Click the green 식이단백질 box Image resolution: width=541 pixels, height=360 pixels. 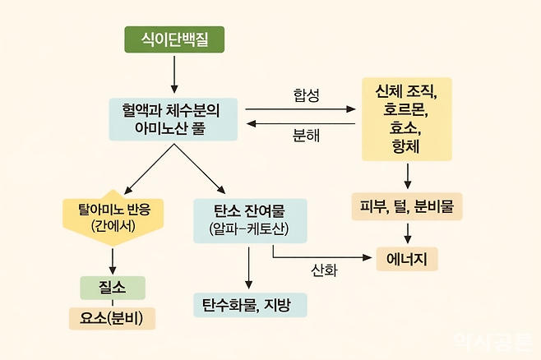tap(173, 39)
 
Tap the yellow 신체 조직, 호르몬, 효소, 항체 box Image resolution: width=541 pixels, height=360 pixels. tap(406, 119)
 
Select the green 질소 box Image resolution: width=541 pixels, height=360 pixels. tap(112, 288)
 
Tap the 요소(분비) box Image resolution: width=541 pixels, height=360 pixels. tap(112, 317)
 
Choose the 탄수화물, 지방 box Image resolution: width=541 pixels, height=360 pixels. tap(250, 305)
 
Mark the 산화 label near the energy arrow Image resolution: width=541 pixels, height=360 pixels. tap(324, 270)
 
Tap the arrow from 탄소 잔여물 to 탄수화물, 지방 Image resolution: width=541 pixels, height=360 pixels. tap(249, 266)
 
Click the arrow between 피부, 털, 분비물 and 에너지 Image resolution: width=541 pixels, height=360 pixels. tap(407, 233)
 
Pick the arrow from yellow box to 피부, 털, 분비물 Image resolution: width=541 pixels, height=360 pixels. tap(407, 175)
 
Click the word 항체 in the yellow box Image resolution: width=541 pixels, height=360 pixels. tap(406, 147)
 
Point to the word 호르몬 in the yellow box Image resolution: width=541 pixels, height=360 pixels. tap(406, 109)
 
